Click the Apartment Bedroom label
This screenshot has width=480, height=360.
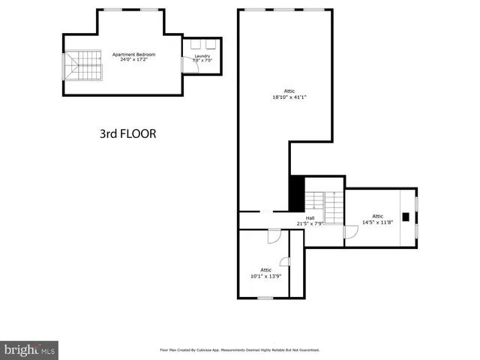(x=134, y=55)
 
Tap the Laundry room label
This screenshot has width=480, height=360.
(x=202, y=55)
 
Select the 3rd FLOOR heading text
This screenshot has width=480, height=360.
(x=127, y=134)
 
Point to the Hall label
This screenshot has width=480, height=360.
(x=310, y=218)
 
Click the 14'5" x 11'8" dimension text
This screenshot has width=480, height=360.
(x=377, y=222)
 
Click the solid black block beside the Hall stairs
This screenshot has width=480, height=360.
(x=297, y=193)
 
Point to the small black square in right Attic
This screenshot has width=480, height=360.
(x=406, y=217)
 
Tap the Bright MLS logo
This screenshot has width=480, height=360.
(x=30, y=349)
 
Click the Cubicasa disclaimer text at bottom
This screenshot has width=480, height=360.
(x=240, y=349)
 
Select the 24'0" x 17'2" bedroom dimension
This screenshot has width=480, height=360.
(x=134, y=60)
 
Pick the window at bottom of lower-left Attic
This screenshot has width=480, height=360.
(x=265, y=298)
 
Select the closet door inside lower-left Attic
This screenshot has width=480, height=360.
(x=285, y=262)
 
